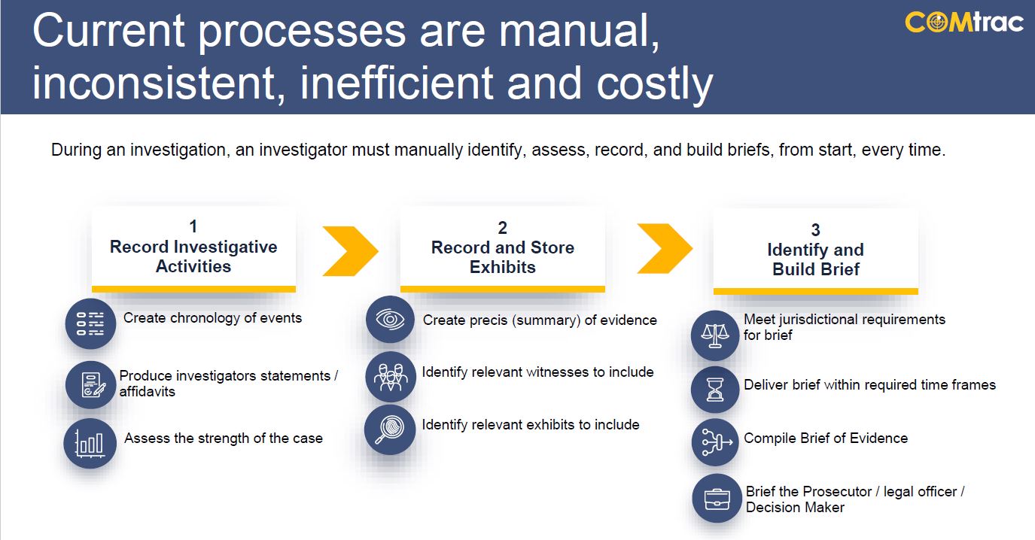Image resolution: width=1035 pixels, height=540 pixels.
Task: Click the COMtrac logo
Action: pyautogui.click(x=963, y=23)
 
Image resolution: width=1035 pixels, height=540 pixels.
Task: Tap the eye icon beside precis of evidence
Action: pyautogui.click(x=391, y=320)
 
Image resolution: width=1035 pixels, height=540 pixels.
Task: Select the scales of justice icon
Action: pyautogui.click(x=715, y=335)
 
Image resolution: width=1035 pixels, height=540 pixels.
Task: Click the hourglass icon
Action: pyautogui.click(x=715, y=390)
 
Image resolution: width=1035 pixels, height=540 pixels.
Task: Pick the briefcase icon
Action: pyautogui.click(x=717, y=499)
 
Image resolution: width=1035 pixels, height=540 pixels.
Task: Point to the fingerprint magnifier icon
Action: pyautogui.click(x=390, y=429)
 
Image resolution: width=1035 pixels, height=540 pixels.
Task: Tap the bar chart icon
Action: pyautogui.click(x=90, y=444)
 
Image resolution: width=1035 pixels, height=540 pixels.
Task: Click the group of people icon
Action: pyautogui.click(x=391, y=377)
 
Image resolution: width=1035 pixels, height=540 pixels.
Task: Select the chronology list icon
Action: pyautogui.click(x=90, y=323)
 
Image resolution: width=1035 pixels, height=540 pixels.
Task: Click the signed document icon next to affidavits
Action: pyautogui.click(x=90, y=385)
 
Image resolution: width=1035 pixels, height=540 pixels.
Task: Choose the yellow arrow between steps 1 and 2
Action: pyautogui.click(x=350, y=251)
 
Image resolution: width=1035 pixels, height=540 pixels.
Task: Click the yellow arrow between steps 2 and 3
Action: pyautogui.click(x=665, y=248)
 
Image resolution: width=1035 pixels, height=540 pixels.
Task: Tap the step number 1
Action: pyautogui.click(x=193, y=226)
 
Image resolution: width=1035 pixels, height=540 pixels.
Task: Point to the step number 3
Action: pyautogui.click(x=815, y=230)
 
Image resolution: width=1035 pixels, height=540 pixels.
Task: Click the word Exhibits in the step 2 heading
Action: pyautogui.click(x=503, y=267)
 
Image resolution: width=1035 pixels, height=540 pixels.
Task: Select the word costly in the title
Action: pyautogui.click(x=655, y=83)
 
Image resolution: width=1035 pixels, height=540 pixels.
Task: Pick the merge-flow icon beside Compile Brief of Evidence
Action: pyautogui.click(x=716, y=442)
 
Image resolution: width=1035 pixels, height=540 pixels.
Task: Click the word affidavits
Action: pyautogui.click(x=148, y=392)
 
